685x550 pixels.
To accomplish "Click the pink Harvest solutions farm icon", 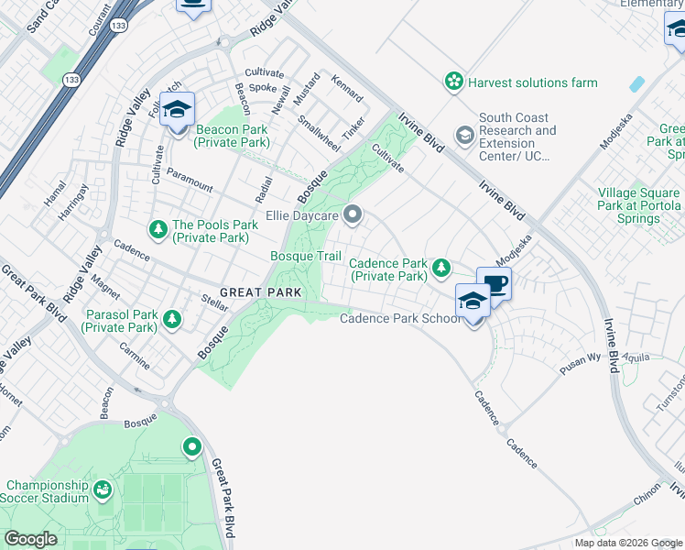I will point(453,82).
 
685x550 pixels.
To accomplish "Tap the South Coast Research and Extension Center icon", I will point(465,137).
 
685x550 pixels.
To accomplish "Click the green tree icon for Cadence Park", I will point(441,268).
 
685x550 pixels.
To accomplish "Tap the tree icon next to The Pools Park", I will point(158,228).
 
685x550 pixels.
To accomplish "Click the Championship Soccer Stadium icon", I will point(103,492).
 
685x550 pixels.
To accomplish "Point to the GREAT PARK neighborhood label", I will point(261,292).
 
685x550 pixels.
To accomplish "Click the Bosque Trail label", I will point(305,256).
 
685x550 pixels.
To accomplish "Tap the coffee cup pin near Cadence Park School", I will point(494,285).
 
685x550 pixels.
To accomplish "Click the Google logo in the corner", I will point(31,539).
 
